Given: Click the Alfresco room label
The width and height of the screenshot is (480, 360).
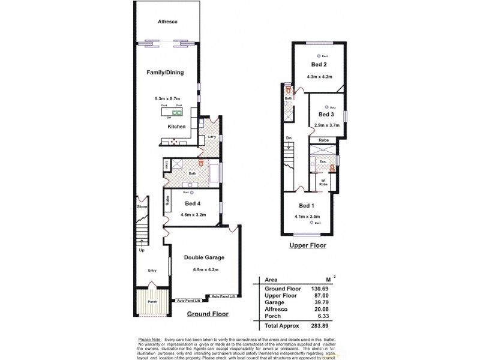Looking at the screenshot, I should click(x=167, y=22).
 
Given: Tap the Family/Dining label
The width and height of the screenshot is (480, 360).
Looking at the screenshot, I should click(x=165, y=73).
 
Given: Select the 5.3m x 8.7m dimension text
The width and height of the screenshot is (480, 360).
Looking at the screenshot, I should click(x=167, y=98).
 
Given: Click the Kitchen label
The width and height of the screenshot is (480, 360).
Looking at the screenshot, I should click(x=176, y=127).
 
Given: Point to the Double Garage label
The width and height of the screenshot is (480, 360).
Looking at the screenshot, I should click(x=204, y=257).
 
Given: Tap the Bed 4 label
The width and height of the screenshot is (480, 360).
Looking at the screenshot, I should click(x=193, y=202).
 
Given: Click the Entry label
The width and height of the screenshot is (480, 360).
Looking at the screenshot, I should click(x=152, y=271).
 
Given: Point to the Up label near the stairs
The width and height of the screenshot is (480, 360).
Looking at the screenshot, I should click(x=142, y=250).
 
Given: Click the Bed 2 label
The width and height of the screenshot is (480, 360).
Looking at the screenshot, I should click(x=319, y=64).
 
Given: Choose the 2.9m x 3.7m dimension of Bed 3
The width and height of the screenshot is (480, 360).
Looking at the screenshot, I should click(x=327, y=125).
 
